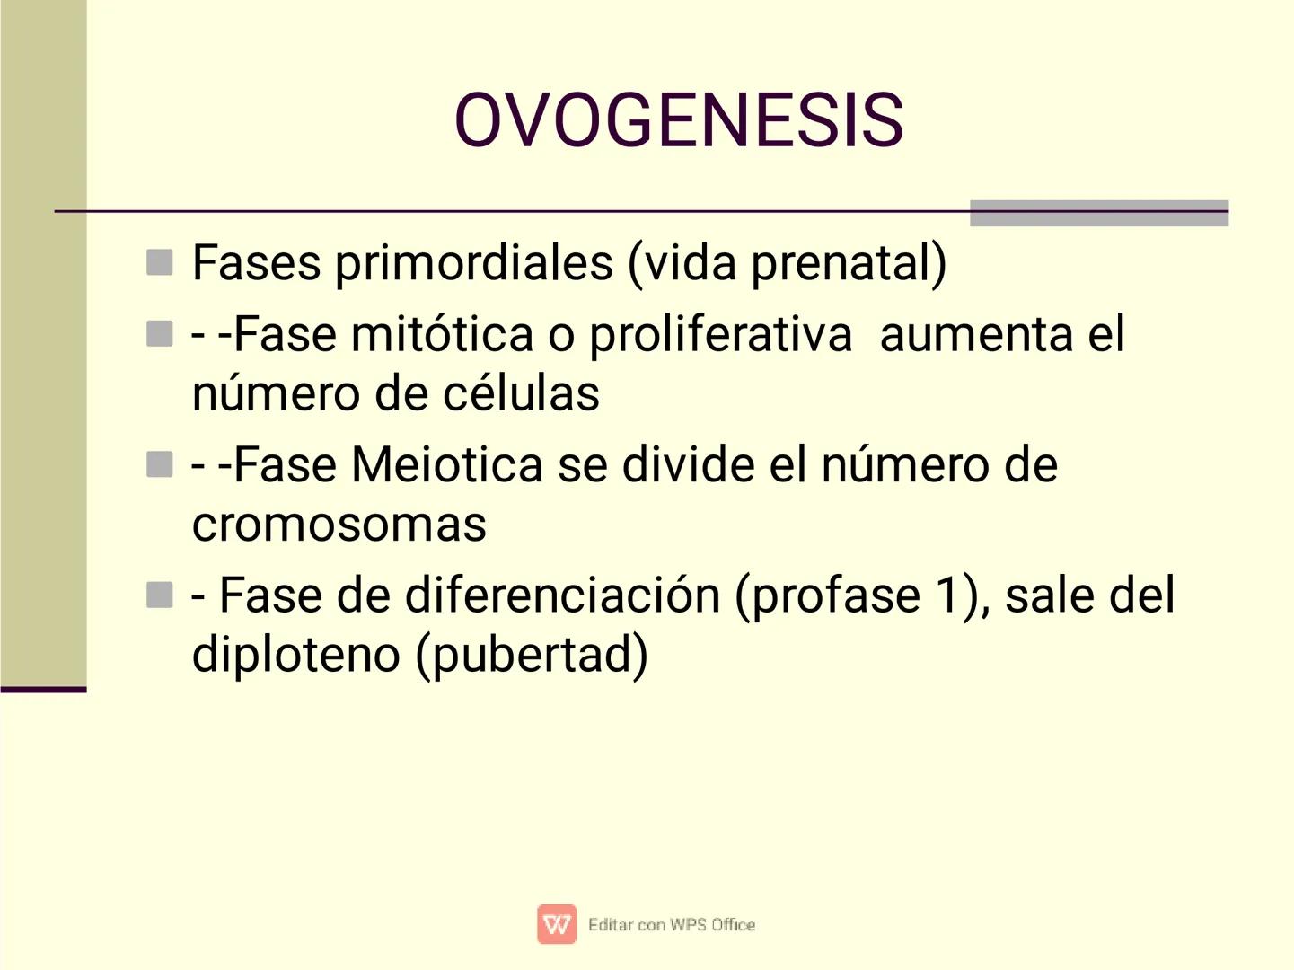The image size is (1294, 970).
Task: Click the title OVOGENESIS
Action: (x=678, y=119)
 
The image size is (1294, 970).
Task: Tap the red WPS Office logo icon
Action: (x=557, y=924)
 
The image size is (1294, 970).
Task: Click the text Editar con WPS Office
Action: (x=672, y=924)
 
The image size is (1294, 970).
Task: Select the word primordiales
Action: (x=473, y=263)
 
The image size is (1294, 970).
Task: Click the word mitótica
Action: (x=442, y=335)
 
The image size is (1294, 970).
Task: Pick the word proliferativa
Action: (x=720, y=335)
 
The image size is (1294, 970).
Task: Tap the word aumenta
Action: (x=977, y=335)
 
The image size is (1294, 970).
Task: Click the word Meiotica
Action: (x=446, y=465)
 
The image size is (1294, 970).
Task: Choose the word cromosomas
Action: (x=339, y=524)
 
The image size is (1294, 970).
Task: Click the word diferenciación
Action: (x=562, y=595)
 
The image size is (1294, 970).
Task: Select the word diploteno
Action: (x=296, y=654)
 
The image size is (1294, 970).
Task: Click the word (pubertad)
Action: (x=531, y=654)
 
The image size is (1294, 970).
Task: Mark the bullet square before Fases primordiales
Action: (x=159, y=262)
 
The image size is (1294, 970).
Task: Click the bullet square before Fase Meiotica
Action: (x=159, y=464)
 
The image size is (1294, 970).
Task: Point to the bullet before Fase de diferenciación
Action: (x=159, y=595)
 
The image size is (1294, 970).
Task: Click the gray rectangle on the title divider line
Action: (x=1098, y=214)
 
